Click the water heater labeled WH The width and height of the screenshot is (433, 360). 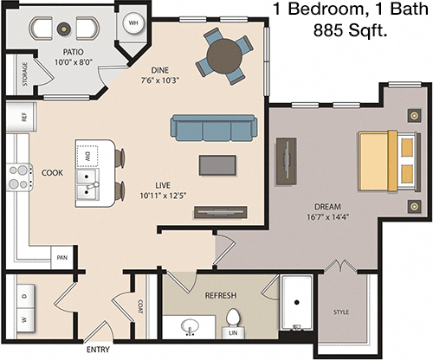[x=133, y=22]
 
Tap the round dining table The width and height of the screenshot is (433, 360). [x=224, y=56]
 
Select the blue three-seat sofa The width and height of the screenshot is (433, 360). [x=214, y=128]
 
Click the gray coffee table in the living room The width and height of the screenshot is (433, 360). [x=217, y=165]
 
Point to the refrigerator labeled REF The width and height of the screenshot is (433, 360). [x=21, y=117]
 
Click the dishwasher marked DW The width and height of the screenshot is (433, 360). [x=87, y=156]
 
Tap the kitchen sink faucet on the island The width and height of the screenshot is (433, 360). [x=93, y=186]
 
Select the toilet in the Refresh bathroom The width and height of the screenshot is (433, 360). [x=233, y=318]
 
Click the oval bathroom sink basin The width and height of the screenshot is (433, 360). [x=190, y=326]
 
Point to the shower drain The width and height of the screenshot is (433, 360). [x=297, y=302]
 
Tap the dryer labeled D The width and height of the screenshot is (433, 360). [x=26, y=296]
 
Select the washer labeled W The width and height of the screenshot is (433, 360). [x=26, y=319]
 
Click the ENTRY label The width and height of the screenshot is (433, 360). [x=98, y=350]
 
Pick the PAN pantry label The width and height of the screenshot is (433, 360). [x=62, y=257]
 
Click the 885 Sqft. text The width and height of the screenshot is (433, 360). [x=350, y=29]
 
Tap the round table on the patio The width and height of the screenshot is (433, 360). [x=64, y=29]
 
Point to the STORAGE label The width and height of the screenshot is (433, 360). [x=25, y=74]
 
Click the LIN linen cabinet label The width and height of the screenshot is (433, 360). [x=233, y=333]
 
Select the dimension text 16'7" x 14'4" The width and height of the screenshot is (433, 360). [x=327, y=217]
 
